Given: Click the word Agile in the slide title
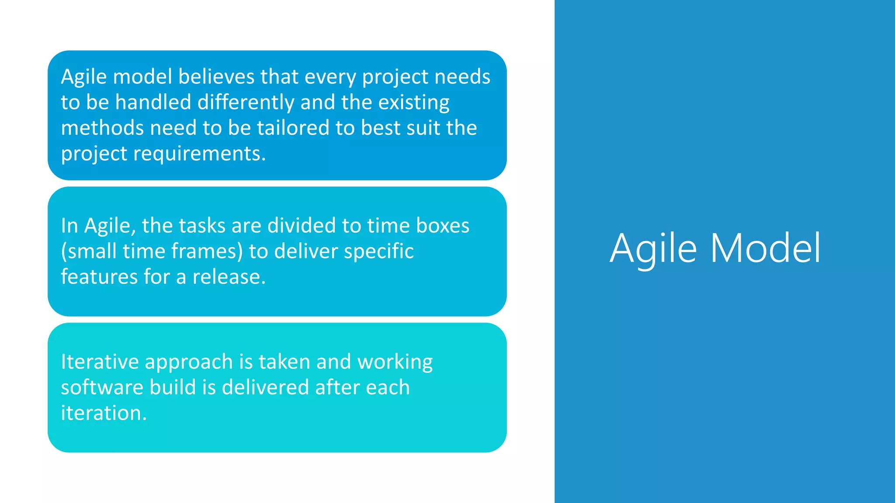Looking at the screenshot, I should coord(653,249).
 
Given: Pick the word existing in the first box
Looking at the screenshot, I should coord(413,102).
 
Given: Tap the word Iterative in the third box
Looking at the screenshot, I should coord(100,362).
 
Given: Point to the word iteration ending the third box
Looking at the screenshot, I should coord(103,413).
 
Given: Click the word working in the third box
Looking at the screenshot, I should coord(395,362).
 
